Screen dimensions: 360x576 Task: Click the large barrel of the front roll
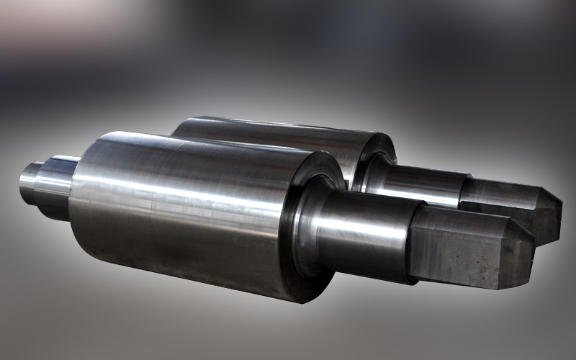click(x=180, y=216)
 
